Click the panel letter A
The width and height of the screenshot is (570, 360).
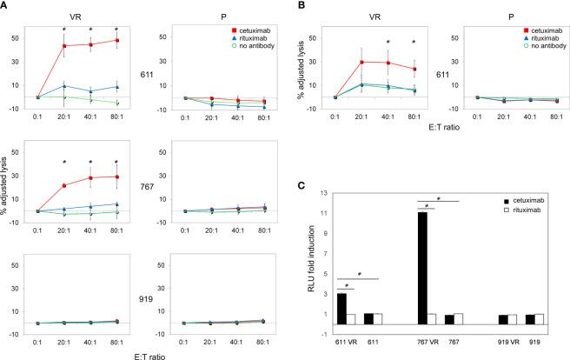(5, 6)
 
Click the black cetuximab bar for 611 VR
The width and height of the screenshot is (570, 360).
(341, 308)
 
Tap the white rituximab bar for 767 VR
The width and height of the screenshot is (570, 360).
(433, 318)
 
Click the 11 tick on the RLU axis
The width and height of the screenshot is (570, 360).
(322, 212)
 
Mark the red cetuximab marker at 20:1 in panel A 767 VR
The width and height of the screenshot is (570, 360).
(63, 185)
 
